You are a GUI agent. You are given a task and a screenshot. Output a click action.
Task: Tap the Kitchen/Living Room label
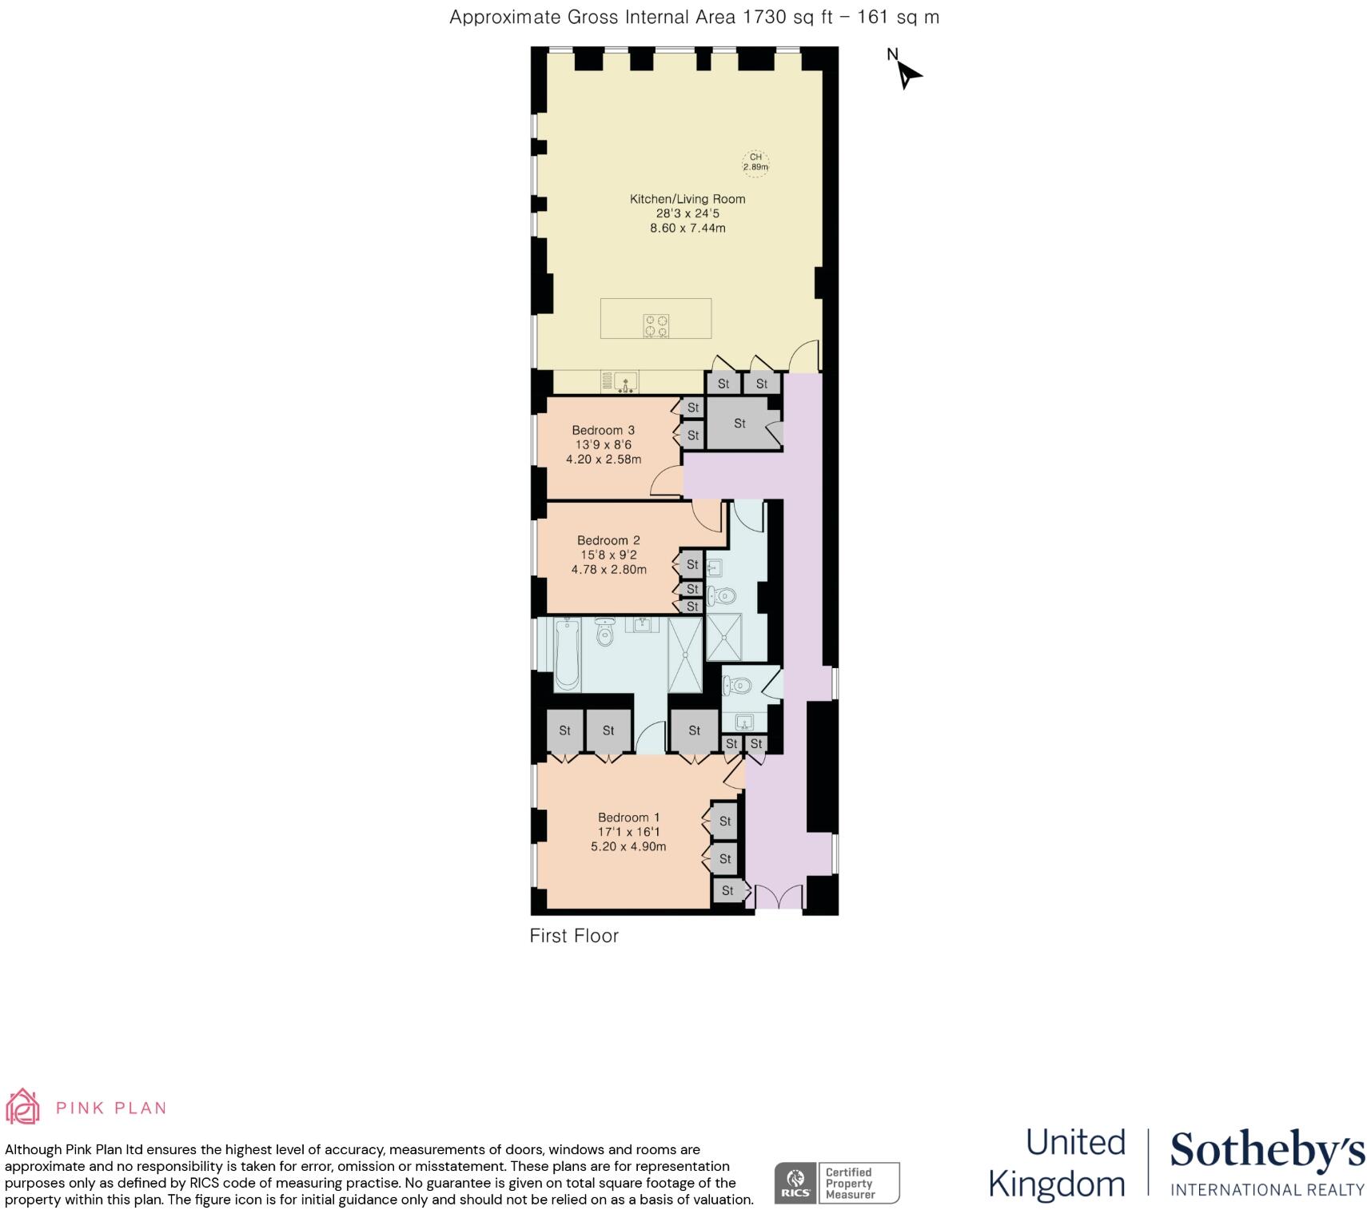687,199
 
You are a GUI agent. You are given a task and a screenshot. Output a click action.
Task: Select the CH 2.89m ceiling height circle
755,162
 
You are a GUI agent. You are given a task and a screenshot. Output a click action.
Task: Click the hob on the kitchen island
657,326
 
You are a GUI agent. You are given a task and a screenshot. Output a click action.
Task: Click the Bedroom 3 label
603,430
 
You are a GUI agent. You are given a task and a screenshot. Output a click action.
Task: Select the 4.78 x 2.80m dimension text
608,570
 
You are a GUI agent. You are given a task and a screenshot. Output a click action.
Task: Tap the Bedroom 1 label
628,817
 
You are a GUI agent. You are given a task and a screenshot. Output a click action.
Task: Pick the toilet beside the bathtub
605,634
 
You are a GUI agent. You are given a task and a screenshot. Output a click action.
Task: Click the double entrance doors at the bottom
779,898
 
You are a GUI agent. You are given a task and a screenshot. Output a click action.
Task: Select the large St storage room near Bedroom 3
739,424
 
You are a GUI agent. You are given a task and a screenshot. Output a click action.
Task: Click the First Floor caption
574,935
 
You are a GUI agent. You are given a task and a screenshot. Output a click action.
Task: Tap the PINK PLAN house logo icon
22,1107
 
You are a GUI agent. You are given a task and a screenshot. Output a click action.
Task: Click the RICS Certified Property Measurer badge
836,1183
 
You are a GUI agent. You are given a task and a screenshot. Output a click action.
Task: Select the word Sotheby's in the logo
1266,1152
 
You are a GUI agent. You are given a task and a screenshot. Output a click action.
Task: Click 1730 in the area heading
765,17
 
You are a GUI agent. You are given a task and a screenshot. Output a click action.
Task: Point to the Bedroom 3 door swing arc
665,481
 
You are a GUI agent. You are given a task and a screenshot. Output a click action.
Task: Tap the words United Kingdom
1057,1162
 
